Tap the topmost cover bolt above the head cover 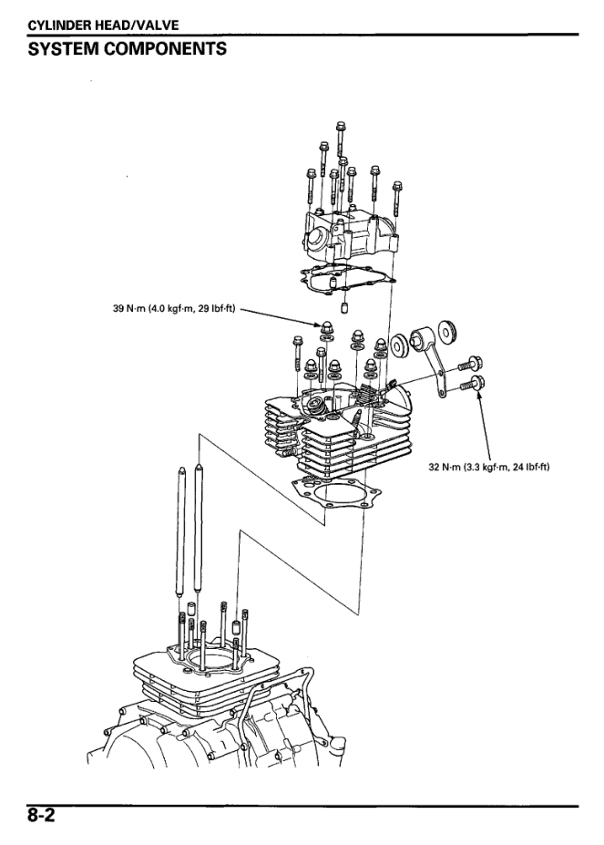pos(339,132)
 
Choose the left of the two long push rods pos(181,529)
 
